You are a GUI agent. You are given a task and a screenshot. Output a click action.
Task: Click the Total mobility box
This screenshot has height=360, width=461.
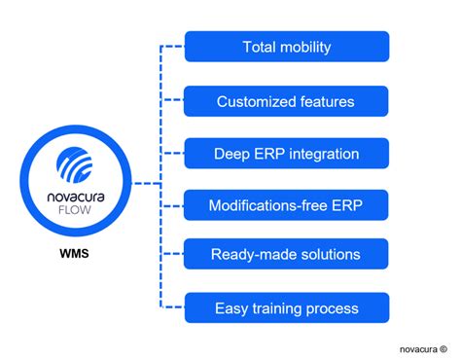tap(286, 47)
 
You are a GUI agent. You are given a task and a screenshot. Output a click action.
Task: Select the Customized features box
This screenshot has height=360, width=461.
tap(286, 100)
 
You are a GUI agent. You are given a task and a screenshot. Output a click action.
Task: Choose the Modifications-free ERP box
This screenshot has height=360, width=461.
tap(286, 204)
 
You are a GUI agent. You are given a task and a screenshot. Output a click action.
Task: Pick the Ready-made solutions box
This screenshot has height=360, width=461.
tap(286, 256)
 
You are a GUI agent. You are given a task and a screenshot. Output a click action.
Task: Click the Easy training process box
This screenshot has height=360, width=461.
tap(286, 308)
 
